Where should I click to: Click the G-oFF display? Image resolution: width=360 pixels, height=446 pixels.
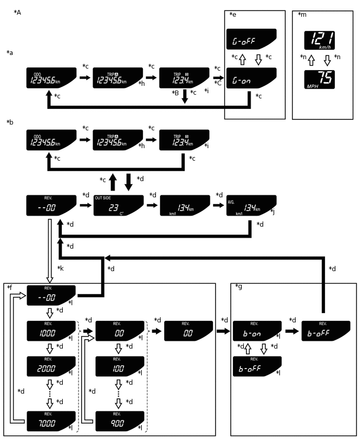pos(251,39)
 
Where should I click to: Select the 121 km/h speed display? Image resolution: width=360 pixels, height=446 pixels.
pos(320,40)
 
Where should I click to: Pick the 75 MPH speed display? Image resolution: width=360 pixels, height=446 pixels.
pos(320,79)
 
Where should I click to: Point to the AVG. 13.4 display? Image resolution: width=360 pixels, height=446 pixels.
pos(252,205)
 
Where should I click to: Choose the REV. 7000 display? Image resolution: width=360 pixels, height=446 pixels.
pos(51,421)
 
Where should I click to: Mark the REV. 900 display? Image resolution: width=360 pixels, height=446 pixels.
pos(118,421)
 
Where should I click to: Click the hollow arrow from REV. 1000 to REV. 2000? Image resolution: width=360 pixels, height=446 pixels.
pos(50,347)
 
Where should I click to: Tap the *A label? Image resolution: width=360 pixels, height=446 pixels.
pos(17,12)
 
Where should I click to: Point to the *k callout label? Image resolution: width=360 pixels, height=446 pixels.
pos(60,268)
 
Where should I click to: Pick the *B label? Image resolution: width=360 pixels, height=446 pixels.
pos(175,93)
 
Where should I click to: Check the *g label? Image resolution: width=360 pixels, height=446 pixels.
pos(239,286)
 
